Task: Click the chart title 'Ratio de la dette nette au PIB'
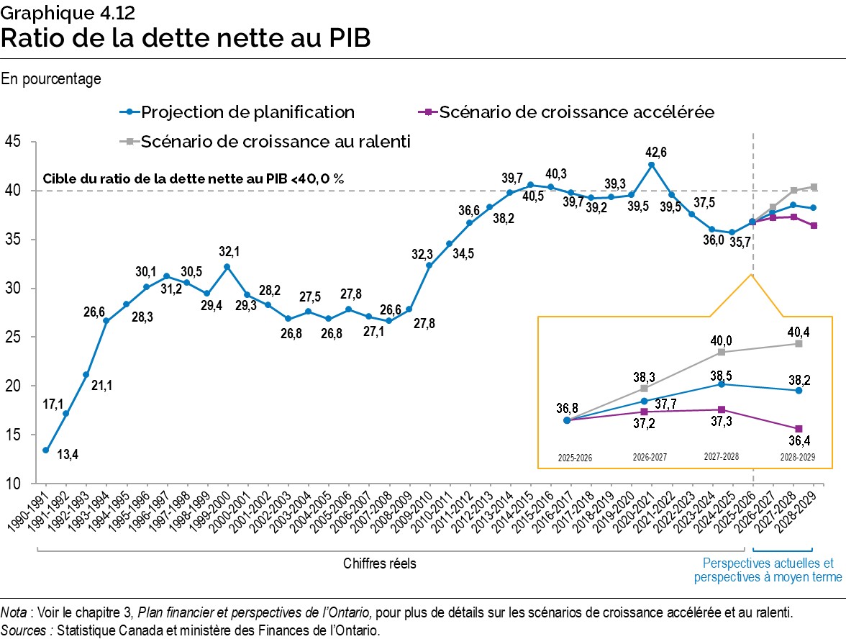point(186,37)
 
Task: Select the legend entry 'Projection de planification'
point(247,112)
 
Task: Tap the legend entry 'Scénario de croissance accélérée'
point(576,112)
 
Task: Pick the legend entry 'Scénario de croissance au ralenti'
point(276,142)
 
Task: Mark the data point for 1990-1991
point(45,450)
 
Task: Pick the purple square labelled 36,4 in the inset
point(798,429)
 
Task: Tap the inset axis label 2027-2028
point(722,456)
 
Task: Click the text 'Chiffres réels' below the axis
point(379,563)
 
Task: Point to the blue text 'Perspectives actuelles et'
point(768,563)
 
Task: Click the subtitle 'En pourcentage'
point(51,79)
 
